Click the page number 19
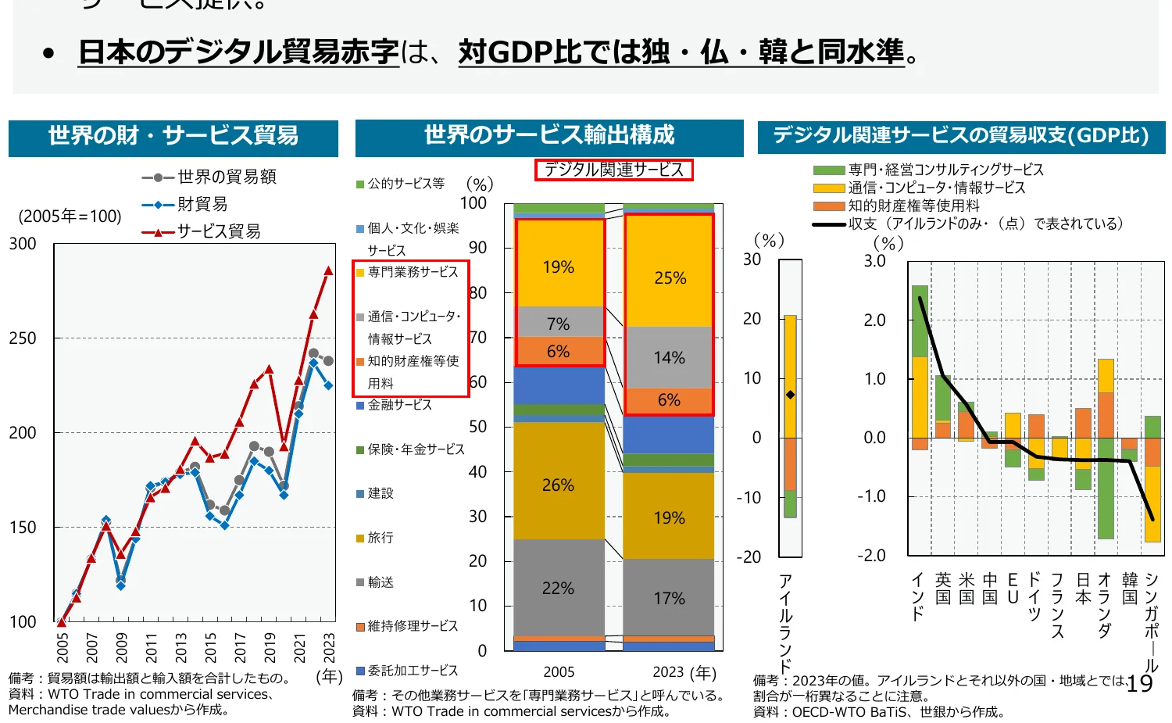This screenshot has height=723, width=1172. [1139, 684]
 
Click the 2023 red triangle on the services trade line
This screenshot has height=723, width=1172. [328, 271]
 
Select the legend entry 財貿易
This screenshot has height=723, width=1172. [202, 205]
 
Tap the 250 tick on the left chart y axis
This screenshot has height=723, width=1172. [23, 338]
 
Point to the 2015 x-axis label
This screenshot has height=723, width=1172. [211, 647]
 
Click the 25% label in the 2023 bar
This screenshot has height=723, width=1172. [670, 278]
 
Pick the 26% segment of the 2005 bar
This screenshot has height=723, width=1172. [558, 485]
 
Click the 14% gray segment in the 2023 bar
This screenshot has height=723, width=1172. [669, 358]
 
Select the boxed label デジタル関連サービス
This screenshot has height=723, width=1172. [613, 170]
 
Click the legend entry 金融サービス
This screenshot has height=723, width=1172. [399, 405]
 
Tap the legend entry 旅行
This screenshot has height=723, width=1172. [381, 538]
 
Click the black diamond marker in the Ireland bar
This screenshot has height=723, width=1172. [790, 395]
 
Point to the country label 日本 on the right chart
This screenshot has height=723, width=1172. [1083, 589]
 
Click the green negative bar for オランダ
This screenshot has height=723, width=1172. [1106, 500]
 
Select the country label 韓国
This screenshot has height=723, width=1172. [1129, 589]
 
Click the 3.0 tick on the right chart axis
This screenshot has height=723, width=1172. [874, 261]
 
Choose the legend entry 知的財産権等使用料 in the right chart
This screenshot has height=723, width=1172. [913, 206]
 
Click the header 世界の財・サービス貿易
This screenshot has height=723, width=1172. [173, 136]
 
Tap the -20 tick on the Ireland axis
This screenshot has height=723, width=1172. [749, 557]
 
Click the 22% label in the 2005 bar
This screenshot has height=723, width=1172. [558, 589]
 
